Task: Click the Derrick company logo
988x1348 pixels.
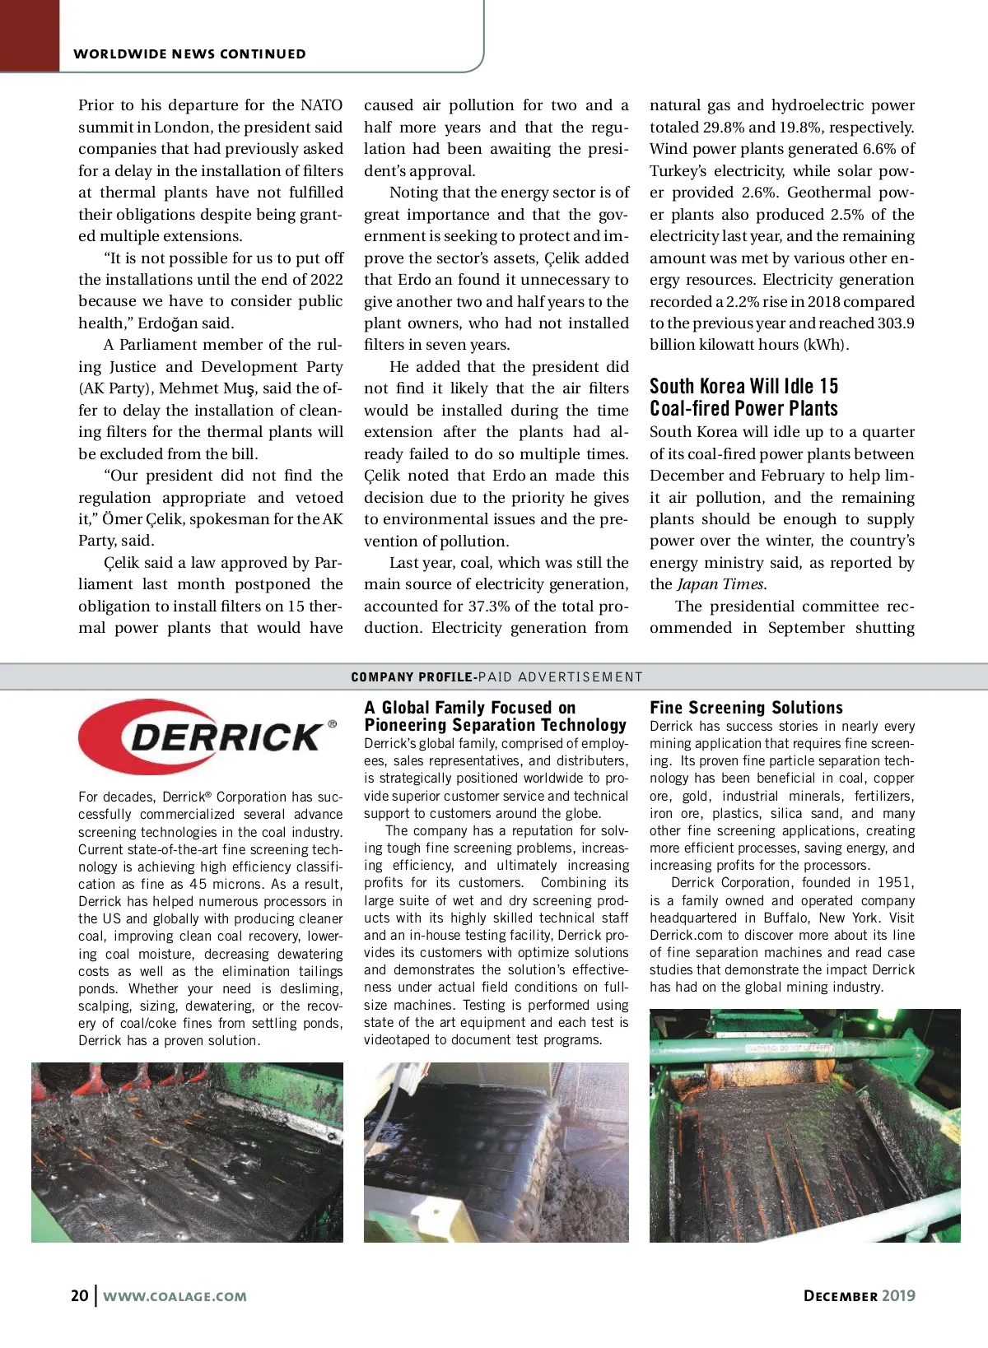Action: pos(208,737)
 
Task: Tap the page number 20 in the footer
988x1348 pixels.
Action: pos(79,1295)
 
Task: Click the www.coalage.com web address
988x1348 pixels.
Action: pos(175,1296)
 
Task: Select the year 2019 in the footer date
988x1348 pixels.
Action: pos(897,1295)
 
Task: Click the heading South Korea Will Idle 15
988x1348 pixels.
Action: pos(743,387)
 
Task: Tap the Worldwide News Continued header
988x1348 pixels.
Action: pos(189,54)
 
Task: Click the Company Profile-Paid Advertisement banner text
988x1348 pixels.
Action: pos(496,677)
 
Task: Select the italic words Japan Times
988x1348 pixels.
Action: pos(720,584)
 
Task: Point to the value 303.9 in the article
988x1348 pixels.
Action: pos(896,323)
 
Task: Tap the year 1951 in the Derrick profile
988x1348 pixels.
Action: pos(896,883)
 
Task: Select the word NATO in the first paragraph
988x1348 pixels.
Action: pos(321,105)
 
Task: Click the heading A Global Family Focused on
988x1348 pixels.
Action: pos(470,708)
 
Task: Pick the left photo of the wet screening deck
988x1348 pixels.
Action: pos(187,1152)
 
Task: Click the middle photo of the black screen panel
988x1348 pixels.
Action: pos(496,1152)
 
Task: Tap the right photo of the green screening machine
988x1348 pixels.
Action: pos(804,1126)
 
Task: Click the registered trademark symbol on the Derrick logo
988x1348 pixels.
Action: pos(332,725)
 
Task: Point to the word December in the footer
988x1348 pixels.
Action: pos(841,1296)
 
